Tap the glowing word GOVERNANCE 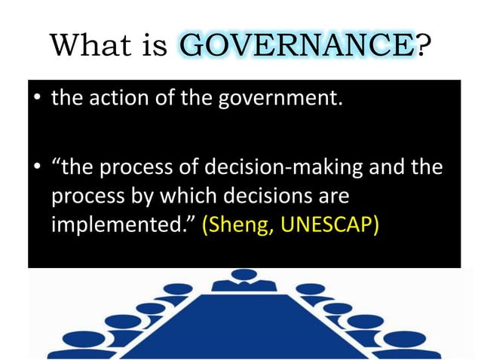tap(297, 49)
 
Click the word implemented tap(118, 225)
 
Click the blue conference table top tap(241, 324)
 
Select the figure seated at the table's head tap(242, 281)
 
